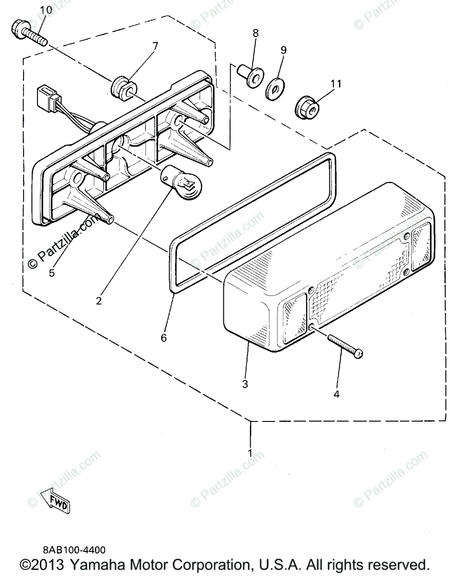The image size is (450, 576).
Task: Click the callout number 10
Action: coord(45,10)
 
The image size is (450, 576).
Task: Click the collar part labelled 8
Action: coord(250,74)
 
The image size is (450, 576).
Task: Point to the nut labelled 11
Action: coord(305,106)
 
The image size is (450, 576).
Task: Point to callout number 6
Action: coord(164,337)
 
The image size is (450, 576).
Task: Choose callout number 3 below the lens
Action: coord(245,384)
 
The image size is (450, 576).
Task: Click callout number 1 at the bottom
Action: coord(250,452)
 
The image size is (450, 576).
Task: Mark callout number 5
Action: coord(52,273)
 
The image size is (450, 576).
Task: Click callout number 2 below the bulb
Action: coord(98,301)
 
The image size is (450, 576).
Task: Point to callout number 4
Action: coord(336,394)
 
